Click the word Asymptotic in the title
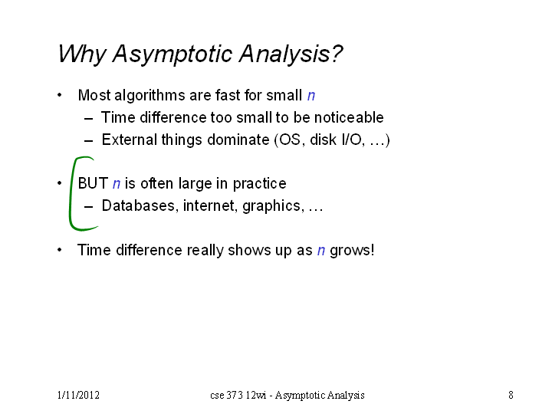(x=172, y=54)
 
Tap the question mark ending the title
(x=337, y=54)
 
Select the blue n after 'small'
(x=311, y=95)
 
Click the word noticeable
(x=349, y=117)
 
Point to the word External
(x=130, y=140)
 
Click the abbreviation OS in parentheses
(x=290, y=140)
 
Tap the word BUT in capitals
(x=93, y=183)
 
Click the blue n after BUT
(x=117, y=184)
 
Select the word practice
(x=259, y=184)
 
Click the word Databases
(x=138, y=205)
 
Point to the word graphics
(x=271, y=206)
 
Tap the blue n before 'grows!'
(x=321, y=250)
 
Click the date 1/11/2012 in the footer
(x=78, y=395)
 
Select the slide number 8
(x=511, y=395)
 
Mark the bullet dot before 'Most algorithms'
(x=60, y=95)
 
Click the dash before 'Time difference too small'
(x=89, y=118)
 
